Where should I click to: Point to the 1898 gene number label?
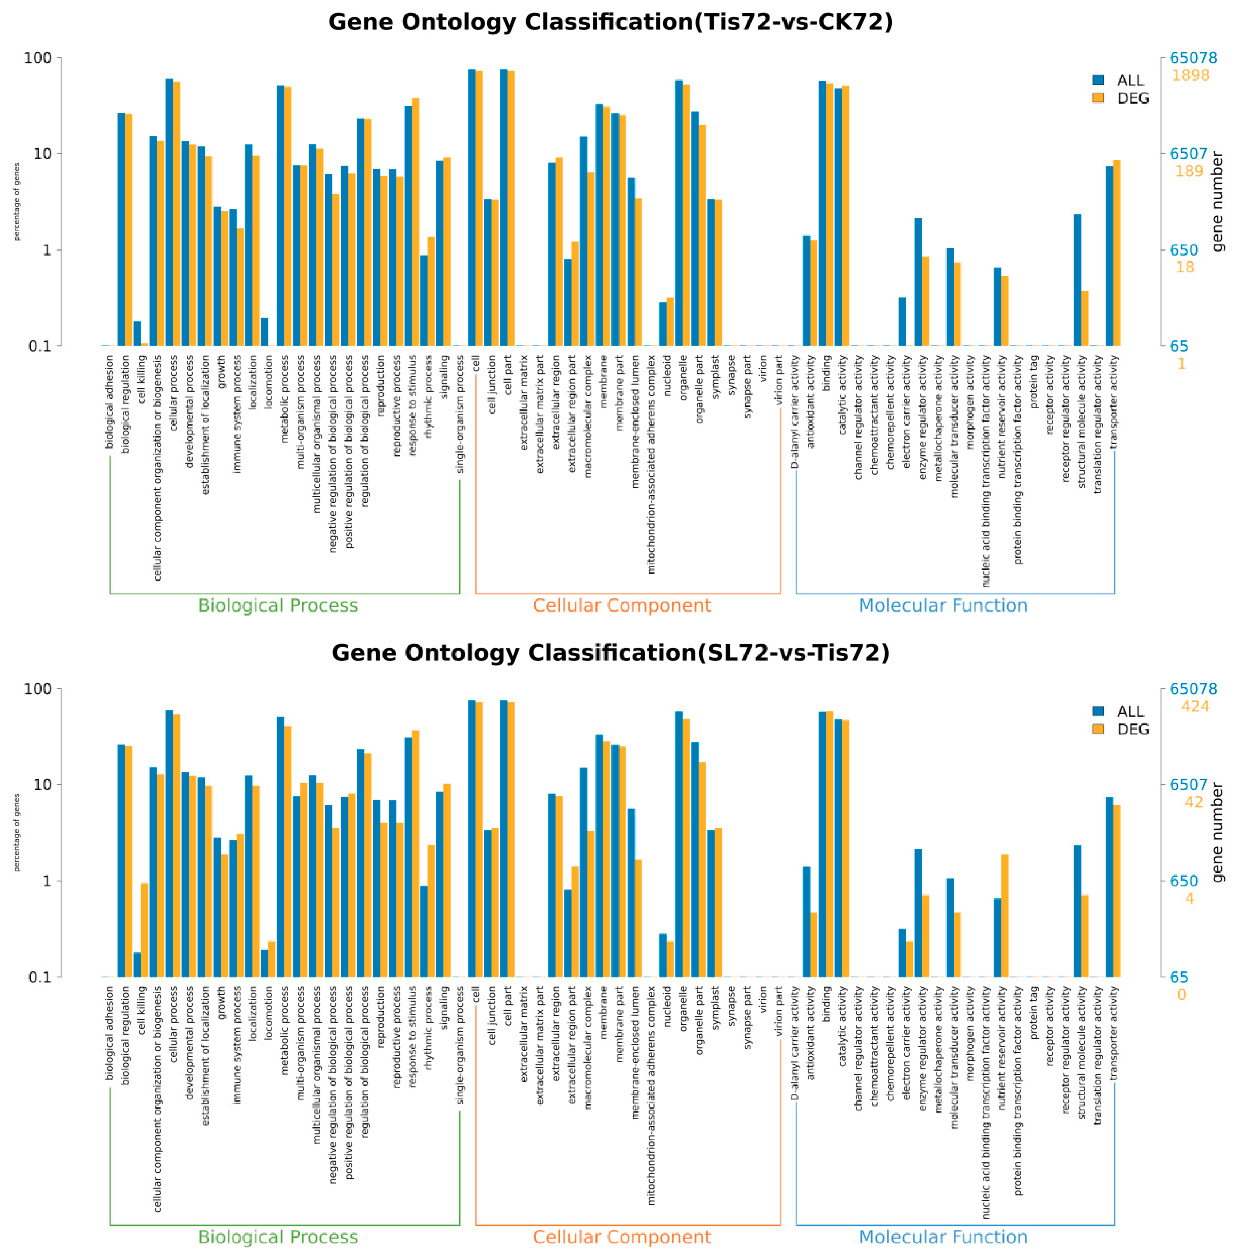click(1190, 75)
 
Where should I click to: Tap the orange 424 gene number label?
click(1195, 706)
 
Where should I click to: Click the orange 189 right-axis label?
click(1189, 171)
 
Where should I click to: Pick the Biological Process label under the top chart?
click(277, 606)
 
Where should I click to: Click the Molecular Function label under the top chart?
click(943, 606)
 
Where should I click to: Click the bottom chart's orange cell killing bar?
click(145, 929)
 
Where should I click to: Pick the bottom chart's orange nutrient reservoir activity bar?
click(1005, 915)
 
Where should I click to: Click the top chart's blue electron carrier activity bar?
click(902, 321)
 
